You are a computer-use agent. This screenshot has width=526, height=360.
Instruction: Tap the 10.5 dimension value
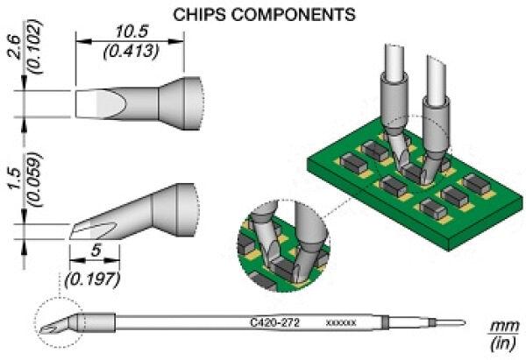coord(130,32)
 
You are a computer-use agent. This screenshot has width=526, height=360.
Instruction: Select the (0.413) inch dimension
coord(130,52)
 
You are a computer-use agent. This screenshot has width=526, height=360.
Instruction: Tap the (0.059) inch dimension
coord(36,179)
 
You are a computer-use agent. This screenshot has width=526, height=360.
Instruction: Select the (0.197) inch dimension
coord(93,279)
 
